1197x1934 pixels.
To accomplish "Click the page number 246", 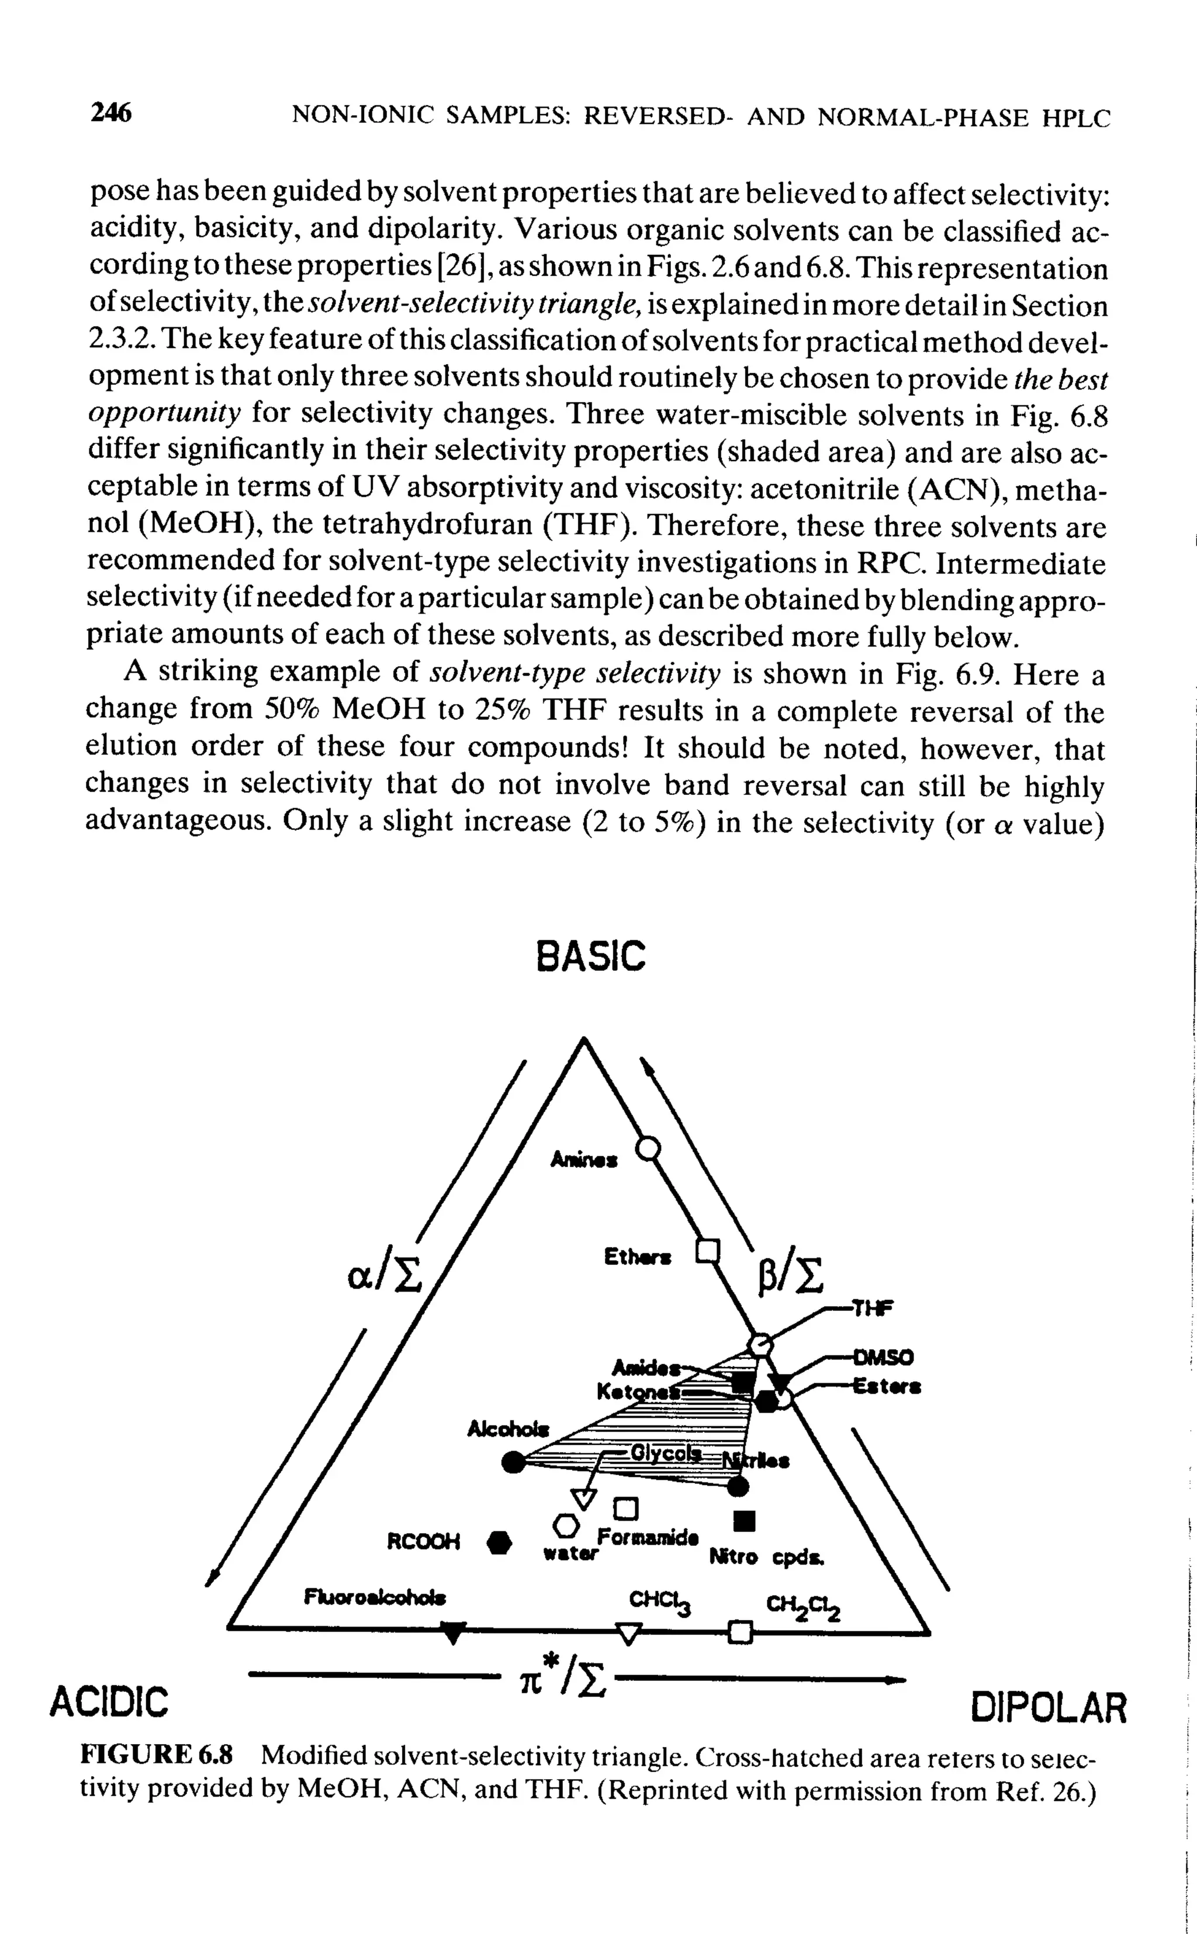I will (x=112, y=114).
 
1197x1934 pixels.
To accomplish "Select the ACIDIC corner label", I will (x=109, y=1701).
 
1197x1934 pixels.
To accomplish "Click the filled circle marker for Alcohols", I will (x=514, y=1462).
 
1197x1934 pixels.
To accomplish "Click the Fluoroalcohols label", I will (x=375, y=1596).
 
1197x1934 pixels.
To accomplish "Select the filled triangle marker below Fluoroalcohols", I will (x=452, y=1633).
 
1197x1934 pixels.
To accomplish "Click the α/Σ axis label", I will (x=386, y=1275).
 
